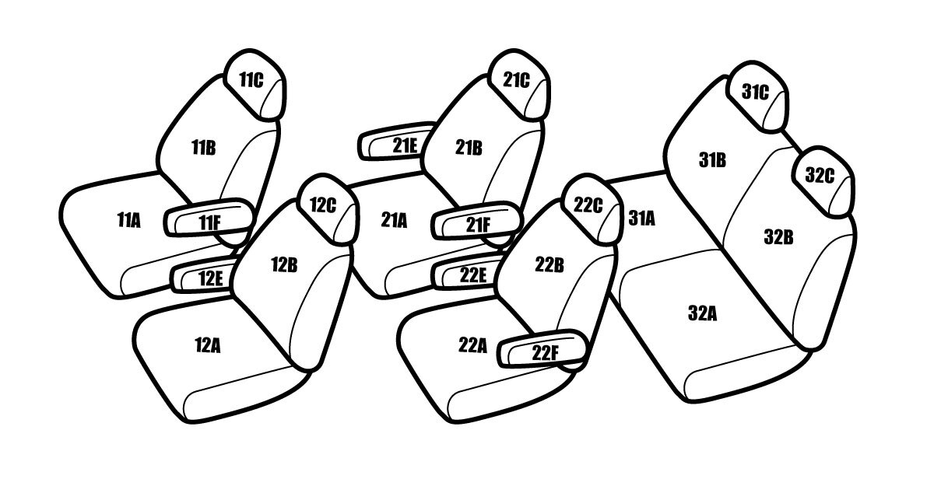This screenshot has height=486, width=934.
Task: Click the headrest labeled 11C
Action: pos(255,85)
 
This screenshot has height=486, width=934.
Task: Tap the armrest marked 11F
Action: pos(209,218)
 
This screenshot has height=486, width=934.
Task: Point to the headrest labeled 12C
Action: pos(329,208)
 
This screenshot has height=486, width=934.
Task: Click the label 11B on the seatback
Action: pos(203,148)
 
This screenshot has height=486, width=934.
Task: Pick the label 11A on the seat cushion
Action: pos(129,220)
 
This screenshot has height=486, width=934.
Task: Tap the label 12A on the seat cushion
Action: pos(208,345)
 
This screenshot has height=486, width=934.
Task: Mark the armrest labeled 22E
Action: pos(468,272)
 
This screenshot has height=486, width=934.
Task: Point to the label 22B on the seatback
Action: pos(550,265)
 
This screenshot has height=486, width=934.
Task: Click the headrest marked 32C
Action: pos(823,182)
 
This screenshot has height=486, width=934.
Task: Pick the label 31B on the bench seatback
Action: pos(712,160)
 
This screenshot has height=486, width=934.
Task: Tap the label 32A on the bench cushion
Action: pos(703,313)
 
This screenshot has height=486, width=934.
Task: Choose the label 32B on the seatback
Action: pos(778,236)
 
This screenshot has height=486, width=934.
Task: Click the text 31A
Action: pos(641,218)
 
